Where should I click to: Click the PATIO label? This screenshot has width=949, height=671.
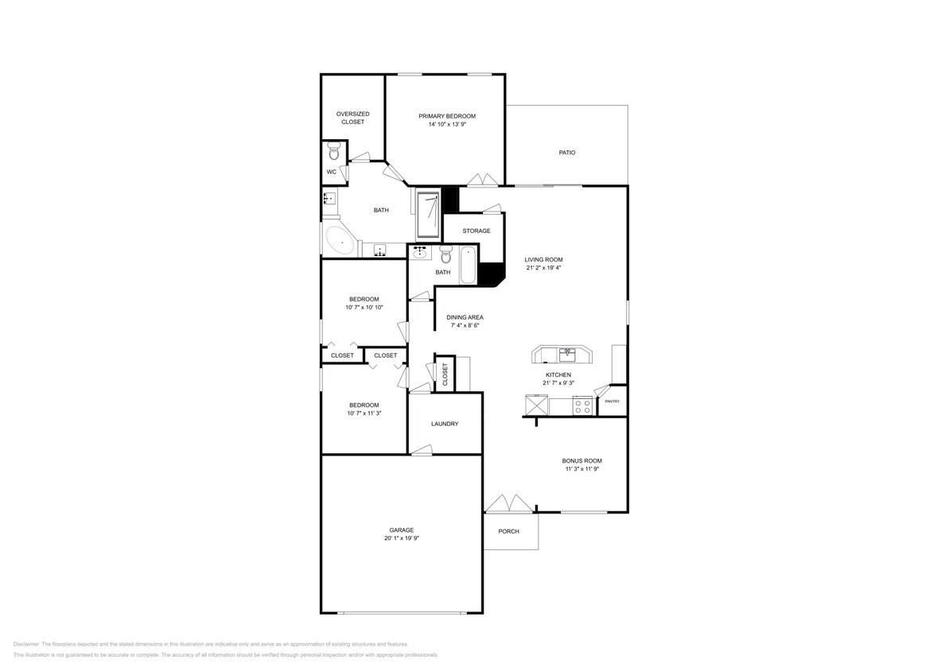coord(566,153)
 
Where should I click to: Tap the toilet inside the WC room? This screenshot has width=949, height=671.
coord(334,152)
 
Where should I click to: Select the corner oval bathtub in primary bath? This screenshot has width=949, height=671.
coord(340,240)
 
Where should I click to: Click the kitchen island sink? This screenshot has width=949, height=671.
coord(566,351)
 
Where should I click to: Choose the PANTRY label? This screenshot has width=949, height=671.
coord(612,401)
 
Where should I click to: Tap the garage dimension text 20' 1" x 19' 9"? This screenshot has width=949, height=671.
coord(401,538)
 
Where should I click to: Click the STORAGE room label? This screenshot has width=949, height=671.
coord(476,231)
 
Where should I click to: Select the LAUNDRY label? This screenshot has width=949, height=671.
coord(445,424)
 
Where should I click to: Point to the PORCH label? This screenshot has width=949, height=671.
coord(508,531)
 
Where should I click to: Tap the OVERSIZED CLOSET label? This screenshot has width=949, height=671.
coord(352,118)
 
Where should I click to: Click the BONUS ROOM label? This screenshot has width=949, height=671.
coord(581,460)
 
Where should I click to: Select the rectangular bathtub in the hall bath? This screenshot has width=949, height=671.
coord(468,266)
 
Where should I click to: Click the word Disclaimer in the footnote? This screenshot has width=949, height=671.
coord(26,644)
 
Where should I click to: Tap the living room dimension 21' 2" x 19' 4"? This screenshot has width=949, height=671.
coord(544,268)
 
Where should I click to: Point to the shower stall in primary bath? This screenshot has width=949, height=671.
coord(428,214)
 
